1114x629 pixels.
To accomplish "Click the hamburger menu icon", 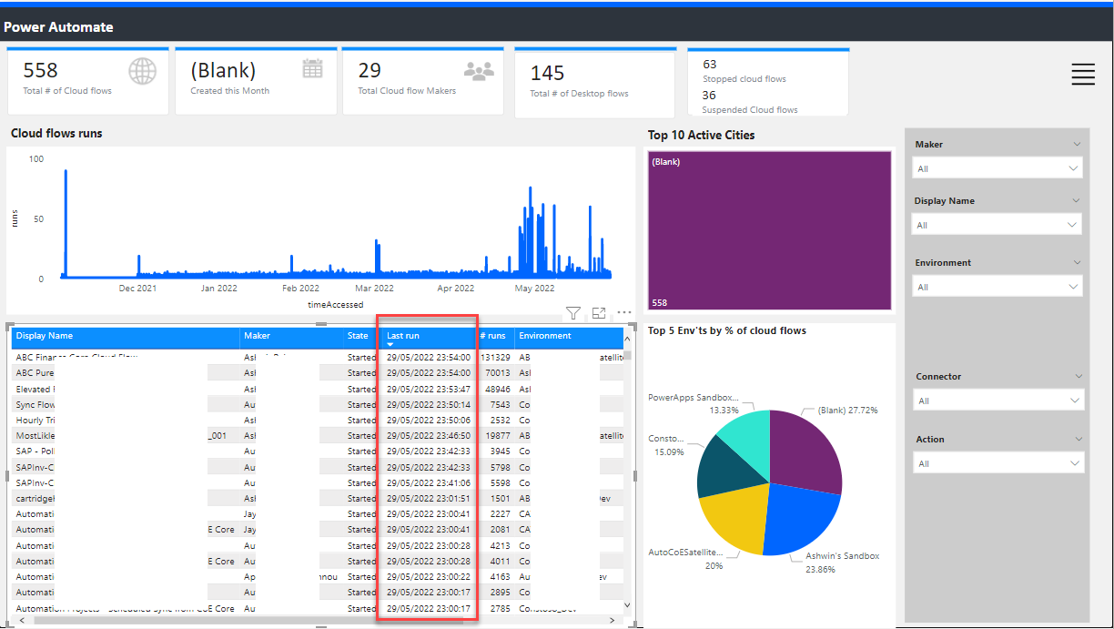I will click(x=1083, y=75).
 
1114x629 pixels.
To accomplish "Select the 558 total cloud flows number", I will click(x=41, y=70).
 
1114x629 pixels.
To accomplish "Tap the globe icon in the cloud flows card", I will click(x=142, y=71).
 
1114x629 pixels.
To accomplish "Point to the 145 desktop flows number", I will click(x=548, y=73).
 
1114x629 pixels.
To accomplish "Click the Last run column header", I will click(x=403, y=336).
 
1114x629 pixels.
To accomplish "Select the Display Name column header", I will click(x=45, y=336).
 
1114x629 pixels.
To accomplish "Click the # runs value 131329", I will click(x=495, y=358).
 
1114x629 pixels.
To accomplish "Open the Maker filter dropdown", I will click(x=998, y=168).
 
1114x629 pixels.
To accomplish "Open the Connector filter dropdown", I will click(x=998, y=401).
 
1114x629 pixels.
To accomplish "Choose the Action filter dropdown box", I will click(x=998, y=463).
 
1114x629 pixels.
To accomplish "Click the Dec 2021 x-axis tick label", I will click(x=137, y=289).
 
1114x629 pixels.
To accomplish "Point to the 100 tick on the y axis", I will click(x=36, y=159).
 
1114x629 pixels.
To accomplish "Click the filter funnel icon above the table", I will click(x=573, y=313).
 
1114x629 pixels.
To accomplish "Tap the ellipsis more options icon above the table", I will click(x=624, y=313).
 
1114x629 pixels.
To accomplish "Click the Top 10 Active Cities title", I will click(x=701, y=136).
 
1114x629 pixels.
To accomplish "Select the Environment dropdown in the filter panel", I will click(x=998, y=287).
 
